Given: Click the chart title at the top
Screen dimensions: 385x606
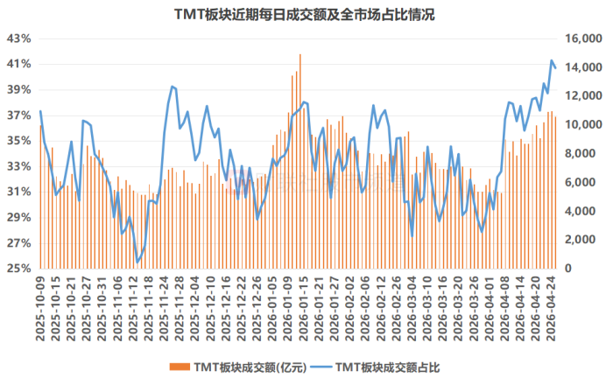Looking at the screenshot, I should pos(303,15).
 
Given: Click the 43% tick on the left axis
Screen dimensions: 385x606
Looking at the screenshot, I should pos(19,38).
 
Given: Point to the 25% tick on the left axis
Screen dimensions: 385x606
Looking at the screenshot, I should pos(19,268).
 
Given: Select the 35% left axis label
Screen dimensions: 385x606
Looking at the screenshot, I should pos(19,141).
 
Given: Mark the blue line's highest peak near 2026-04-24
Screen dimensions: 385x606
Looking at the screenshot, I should pos(552,60).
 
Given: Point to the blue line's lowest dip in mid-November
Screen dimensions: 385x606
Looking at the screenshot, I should pos(137,262).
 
